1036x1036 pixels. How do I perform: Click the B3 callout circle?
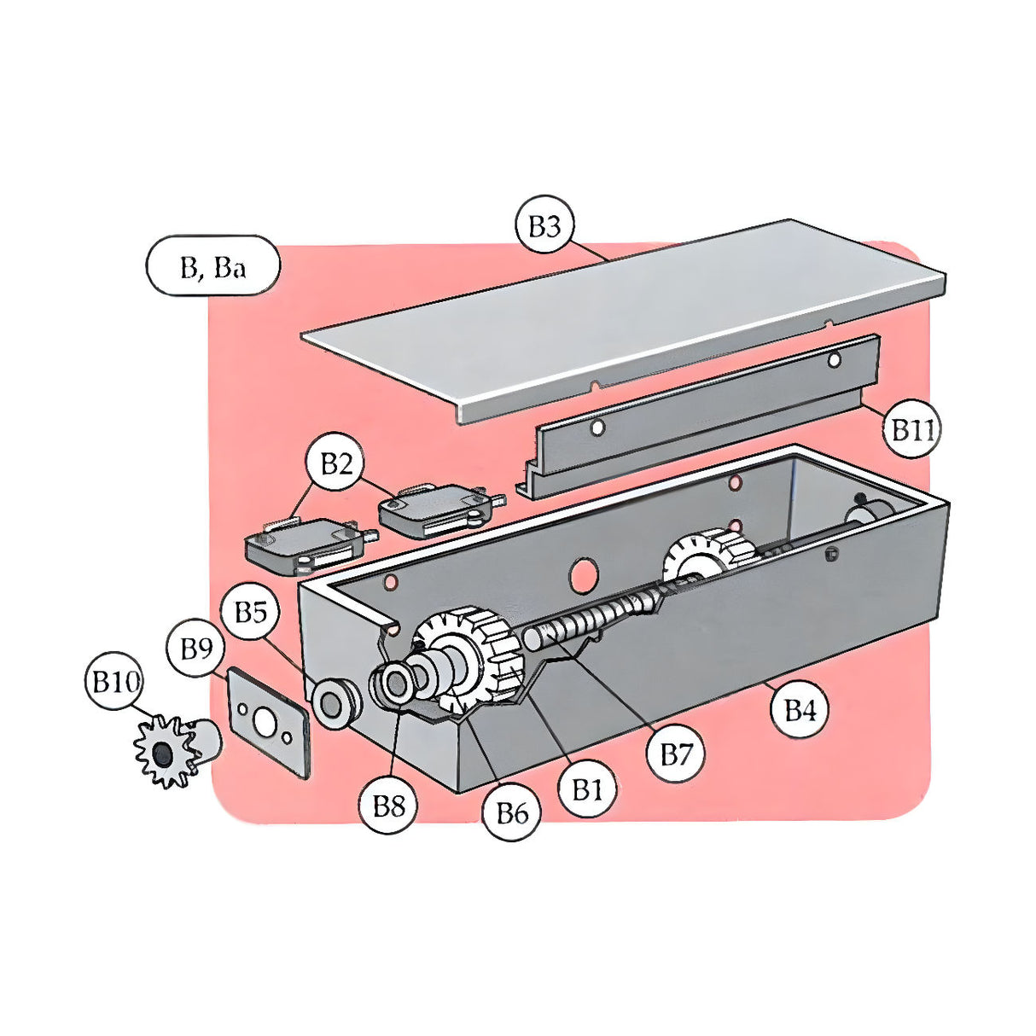tap(544, 226)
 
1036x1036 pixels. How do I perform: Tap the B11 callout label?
tap(912, 429)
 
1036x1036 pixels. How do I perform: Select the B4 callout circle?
tap(800, 709)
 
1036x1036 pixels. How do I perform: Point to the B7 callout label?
tap(676, 754)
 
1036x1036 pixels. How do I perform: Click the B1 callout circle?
tap(587, 789)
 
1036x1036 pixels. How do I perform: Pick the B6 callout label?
tap(511, 813)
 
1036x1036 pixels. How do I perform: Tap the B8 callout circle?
tap(389, 805)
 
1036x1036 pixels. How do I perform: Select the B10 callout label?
tap(115, 682)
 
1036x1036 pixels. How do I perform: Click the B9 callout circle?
tap(196, 649)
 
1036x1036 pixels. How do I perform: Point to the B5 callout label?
tap(250, 612)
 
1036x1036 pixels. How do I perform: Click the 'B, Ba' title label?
tap(212, 267)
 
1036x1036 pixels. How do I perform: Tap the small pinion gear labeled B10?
tap(165, 752)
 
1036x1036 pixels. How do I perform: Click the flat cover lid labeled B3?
tap(623, 316)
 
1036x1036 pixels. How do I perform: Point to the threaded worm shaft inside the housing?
tap(597, 619)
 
